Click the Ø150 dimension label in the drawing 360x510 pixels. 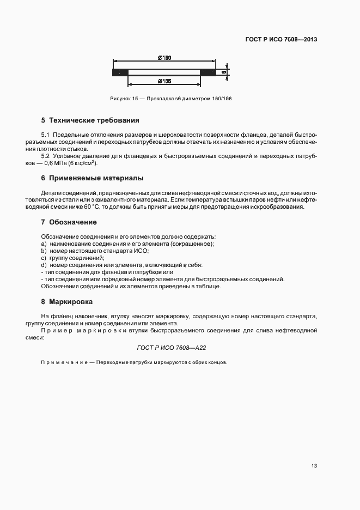point(164,58)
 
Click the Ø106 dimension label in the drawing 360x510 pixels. point(164,81)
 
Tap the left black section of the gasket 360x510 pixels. point(120,72)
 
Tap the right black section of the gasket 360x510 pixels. point(207,72)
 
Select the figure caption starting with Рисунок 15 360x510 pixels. point(167,99)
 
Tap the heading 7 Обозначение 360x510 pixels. point(69,222)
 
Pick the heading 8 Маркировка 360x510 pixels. point(67,301)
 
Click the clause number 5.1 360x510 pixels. point(45,134)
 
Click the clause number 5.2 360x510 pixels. point(45,156)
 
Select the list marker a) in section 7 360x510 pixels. point(44,244)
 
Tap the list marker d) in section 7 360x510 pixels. point(44,265)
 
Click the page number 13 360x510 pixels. point(314,466)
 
